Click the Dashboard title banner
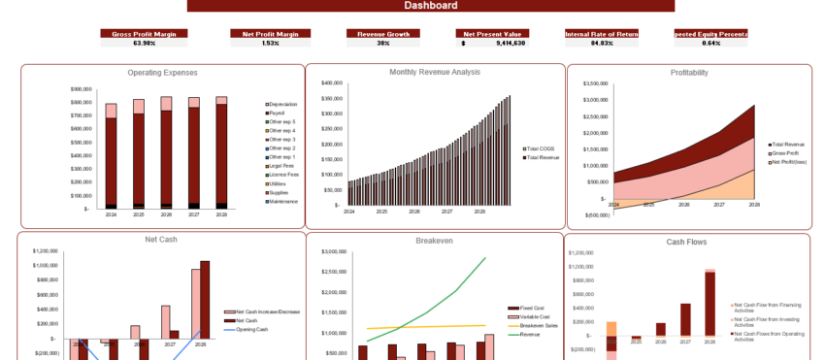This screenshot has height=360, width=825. (x=430, y=6)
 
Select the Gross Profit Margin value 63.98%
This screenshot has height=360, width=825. (x=144, y=43)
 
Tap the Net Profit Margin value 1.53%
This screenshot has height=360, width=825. (x=270, y=43)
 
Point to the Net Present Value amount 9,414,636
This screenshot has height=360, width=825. (x=510, y=43)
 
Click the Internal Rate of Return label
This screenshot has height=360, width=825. (x=602, y=33)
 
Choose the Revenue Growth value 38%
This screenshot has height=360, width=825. (x=382, y=43)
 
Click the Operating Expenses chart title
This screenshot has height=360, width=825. (x=162, y=73)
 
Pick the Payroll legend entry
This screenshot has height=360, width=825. (x=277, y=114)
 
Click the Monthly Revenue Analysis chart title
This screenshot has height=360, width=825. (x=435, y=72)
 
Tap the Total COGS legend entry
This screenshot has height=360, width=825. (x=540, y=148)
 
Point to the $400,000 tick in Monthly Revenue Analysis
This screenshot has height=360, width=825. (x=331, y=83)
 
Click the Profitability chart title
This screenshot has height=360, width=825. (x=689, y=73)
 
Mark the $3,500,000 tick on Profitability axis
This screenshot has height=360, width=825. (x=596, y=83)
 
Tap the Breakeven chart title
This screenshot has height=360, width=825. (x=434, y=241)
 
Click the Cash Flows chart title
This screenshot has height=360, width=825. (x=686, y=242)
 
